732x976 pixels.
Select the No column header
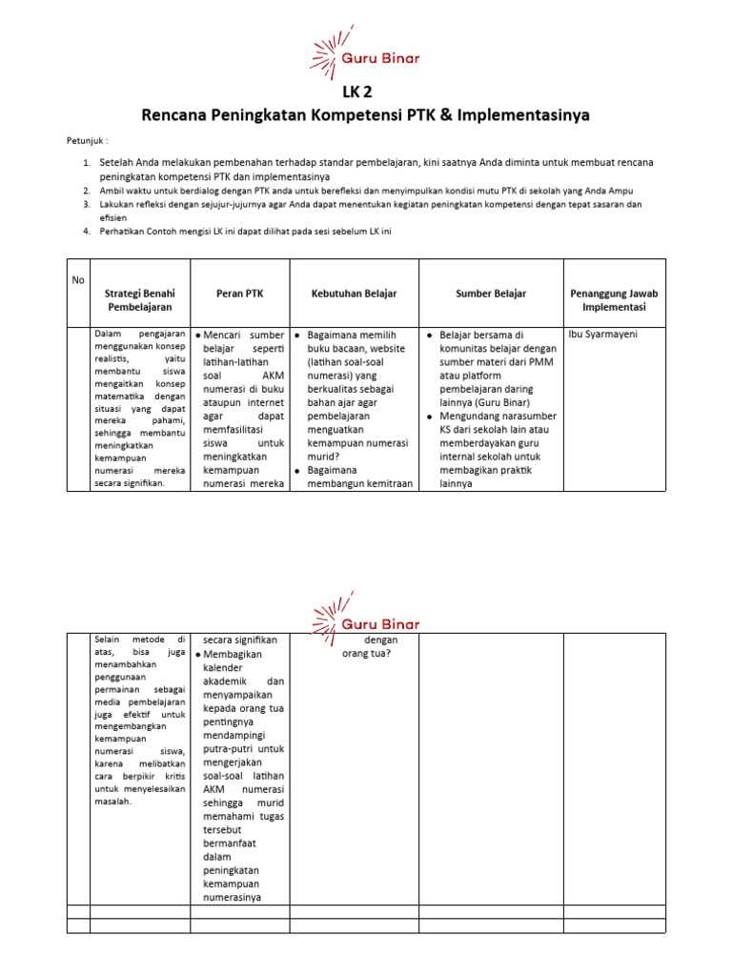(x=78, y=280)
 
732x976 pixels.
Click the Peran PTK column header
(x=240, y=295)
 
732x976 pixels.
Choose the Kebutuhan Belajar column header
(x=354, y=295)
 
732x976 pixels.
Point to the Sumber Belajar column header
(x=491, y=295)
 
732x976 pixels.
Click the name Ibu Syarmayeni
(x=603, y=335)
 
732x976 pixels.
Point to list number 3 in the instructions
(x=86, y=204)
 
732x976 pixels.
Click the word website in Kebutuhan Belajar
(x=399, y=349)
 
